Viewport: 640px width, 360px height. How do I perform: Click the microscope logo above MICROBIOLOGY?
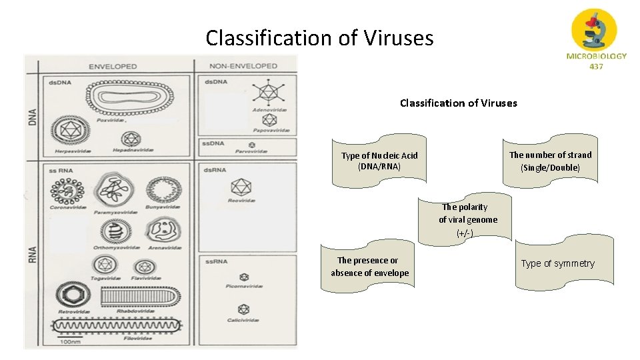pos(595,29)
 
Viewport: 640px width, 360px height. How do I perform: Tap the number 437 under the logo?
pos(596,67)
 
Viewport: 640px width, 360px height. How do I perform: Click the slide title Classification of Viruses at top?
pos(319,38)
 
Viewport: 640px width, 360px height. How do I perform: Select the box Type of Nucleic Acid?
pos(379,161)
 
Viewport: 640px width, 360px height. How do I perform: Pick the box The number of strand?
pos(550,161)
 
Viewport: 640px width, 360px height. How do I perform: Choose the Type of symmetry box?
pos(557,263)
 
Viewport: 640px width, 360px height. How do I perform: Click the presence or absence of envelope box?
pos(370,267)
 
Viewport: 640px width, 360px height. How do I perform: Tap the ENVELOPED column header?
pos(113,66)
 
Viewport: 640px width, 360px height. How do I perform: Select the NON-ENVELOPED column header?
pos(243,66)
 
